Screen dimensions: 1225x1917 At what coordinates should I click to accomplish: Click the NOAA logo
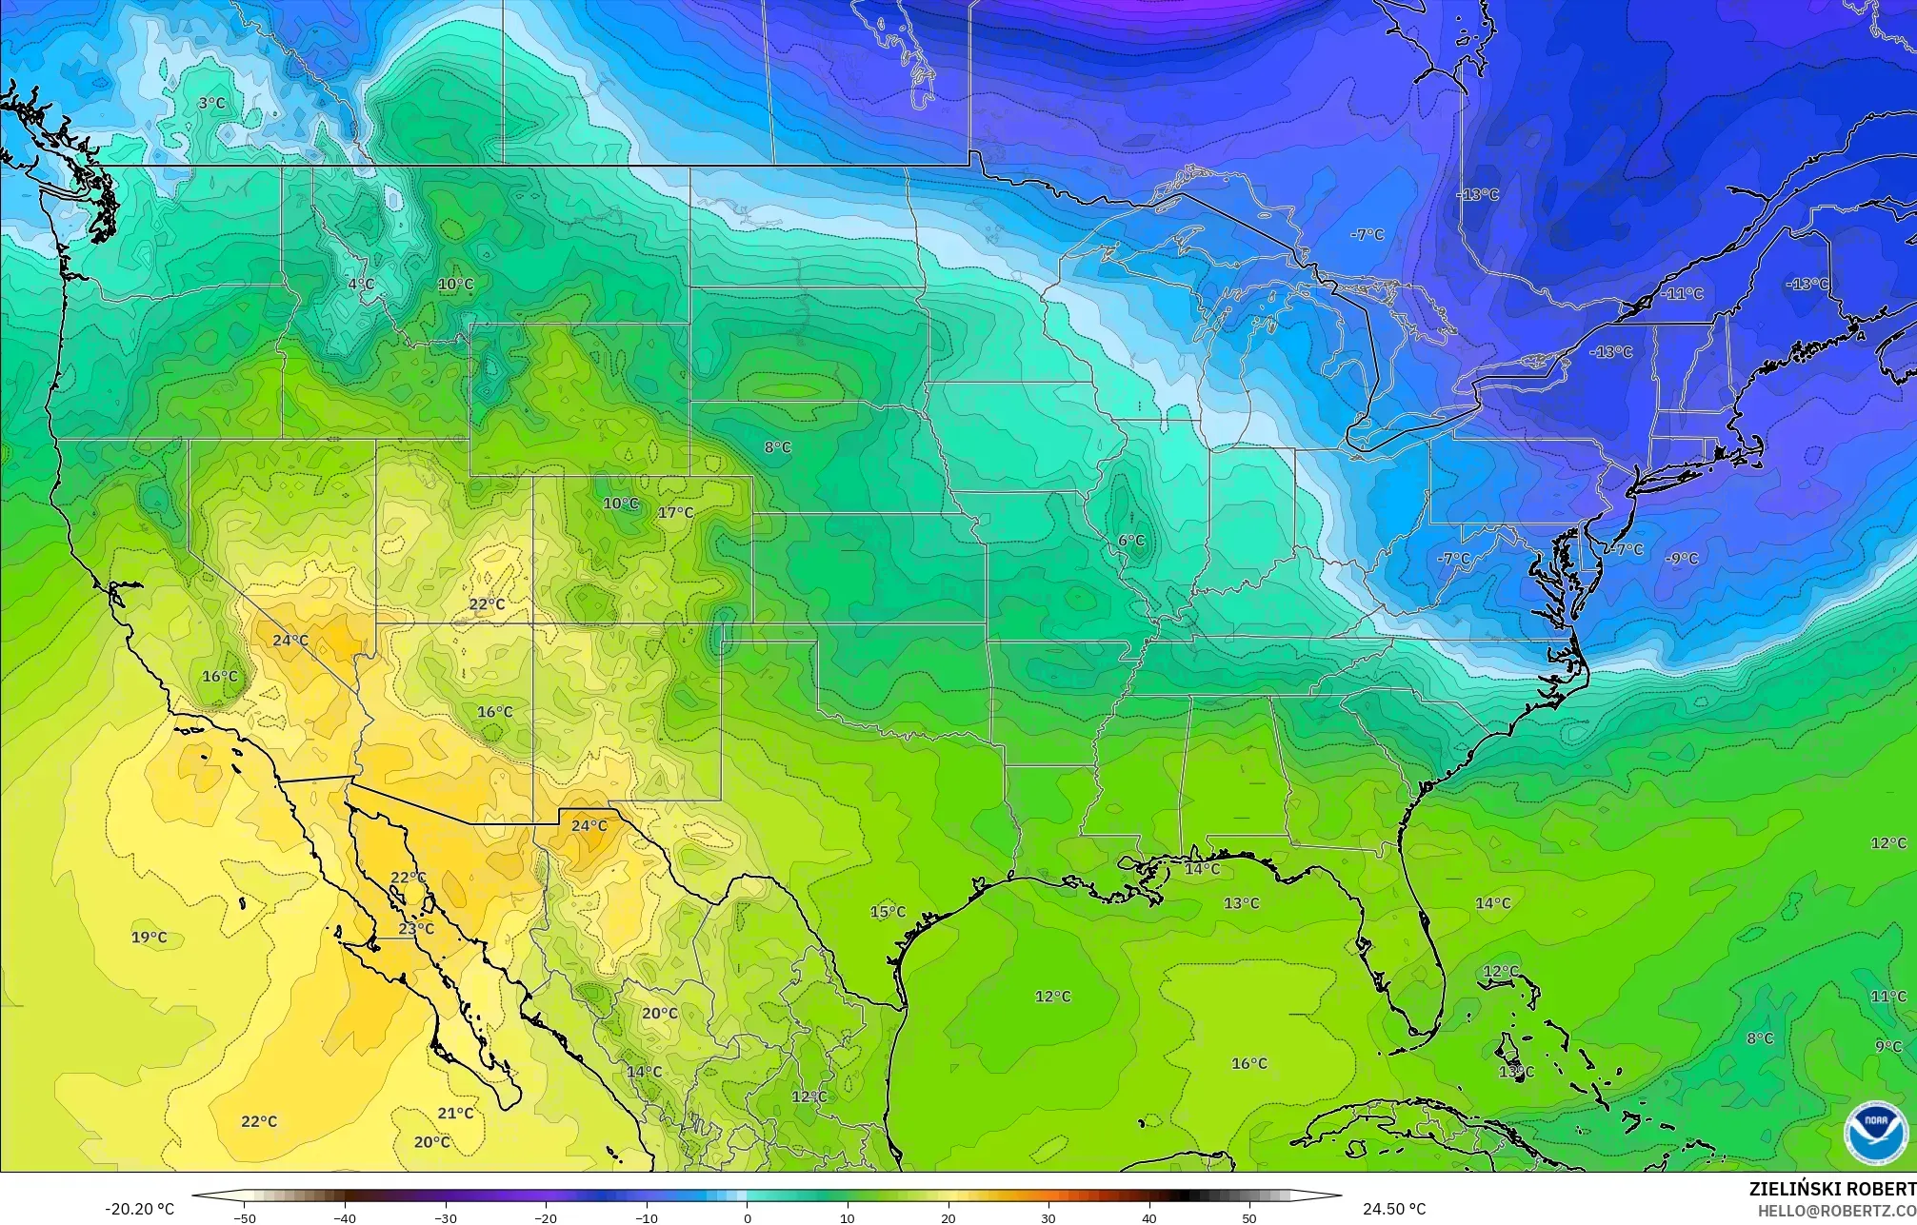tap(1875, 1133)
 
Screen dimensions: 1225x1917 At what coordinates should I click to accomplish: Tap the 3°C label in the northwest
tap(211, 104)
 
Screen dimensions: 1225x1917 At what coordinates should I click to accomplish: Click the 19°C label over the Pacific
tap(149, 938)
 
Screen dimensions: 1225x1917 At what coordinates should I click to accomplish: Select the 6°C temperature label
tap(1131, 541)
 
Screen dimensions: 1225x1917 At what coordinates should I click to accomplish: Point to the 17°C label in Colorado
tap(675, 513)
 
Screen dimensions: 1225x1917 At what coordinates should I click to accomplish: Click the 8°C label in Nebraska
tap(777, 447)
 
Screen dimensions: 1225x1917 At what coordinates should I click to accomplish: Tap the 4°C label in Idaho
tap(360, 285)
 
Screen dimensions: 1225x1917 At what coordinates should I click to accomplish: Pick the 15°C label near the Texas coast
tap(888, 912)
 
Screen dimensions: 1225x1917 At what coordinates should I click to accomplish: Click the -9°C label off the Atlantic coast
tap(1682, 559)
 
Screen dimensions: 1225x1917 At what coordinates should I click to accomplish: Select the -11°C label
tap(1682, 294)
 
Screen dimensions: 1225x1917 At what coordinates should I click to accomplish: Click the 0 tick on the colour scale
tap(748, 1217)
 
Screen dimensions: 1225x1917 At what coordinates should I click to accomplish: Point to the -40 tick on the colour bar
tap(345, 1217)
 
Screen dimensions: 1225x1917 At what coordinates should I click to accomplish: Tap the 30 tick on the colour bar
tap(1048, 1217)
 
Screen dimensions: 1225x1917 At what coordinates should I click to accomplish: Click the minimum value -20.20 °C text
tap(139, 1209)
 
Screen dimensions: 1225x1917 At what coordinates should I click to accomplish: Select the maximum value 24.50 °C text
tap(1393, 1209)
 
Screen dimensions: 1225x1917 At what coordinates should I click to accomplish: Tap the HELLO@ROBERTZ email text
tap(1836, 1211)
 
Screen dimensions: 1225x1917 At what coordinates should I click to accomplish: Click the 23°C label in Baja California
tap(416, 929)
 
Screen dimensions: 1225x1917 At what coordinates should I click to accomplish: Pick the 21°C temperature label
tap(455, 1114)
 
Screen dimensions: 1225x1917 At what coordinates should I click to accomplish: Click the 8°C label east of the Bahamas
tap(1760, 1039)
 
